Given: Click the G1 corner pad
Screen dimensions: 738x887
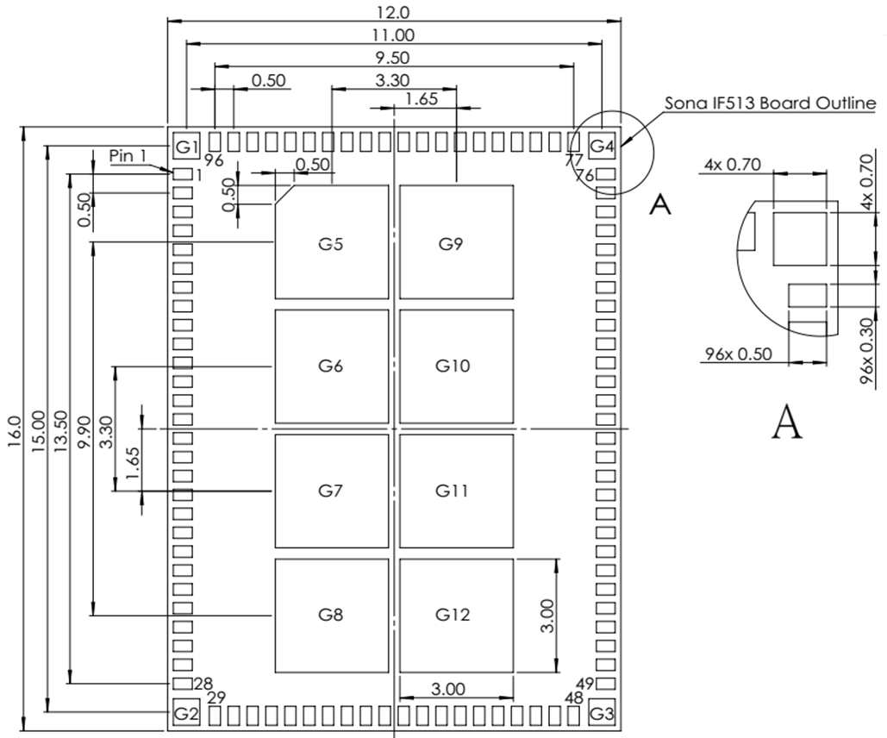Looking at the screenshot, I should click(187, 147).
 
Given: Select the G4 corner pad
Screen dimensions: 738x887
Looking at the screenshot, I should click(602, 147).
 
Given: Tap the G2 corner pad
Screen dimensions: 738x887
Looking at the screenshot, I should click(186, 714).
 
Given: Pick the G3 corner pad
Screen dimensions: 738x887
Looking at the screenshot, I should click(602, 714).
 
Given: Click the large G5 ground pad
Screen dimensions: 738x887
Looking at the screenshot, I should click(331, 242).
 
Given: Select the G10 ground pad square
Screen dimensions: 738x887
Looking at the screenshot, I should click(455, 366).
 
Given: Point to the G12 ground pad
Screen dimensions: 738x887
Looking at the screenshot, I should click(455, 615).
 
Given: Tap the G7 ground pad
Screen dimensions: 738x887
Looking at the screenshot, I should click(331, 491).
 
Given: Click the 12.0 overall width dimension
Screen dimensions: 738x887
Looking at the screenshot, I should click(394, 12).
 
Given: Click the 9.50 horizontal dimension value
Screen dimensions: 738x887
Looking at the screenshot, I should click(392, 58).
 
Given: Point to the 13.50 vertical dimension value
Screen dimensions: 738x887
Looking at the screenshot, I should click(59, 428).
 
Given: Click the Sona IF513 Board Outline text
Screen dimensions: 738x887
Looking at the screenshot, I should click(770, 103).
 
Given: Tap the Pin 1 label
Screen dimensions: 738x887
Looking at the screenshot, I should click(130, 155).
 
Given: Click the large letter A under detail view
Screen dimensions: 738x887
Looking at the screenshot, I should click(786, 422).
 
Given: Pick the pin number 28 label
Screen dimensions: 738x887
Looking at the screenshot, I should click(203, 683).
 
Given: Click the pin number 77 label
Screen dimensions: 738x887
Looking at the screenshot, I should click(574, 160).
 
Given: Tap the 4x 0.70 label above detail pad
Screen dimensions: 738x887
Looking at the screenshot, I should click(732, 165).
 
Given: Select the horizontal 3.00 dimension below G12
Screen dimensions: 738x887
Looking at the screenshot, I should click(447, 689).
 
